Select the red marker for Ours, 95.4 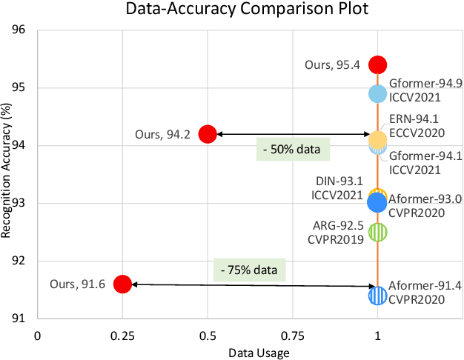377,64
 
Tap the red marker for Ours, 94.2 208,134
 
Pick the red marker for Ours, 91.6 122,284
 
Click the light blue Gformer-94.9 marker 377,93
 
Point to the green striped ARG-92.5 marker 377,232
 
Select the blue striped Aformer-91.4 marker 377,296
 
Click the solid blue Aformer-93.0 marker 377,201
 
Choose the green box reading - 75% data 251,267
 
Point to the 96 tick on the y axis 19,30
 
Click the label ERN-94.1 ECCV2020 416,126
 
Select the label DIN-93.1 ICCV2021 338,188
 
